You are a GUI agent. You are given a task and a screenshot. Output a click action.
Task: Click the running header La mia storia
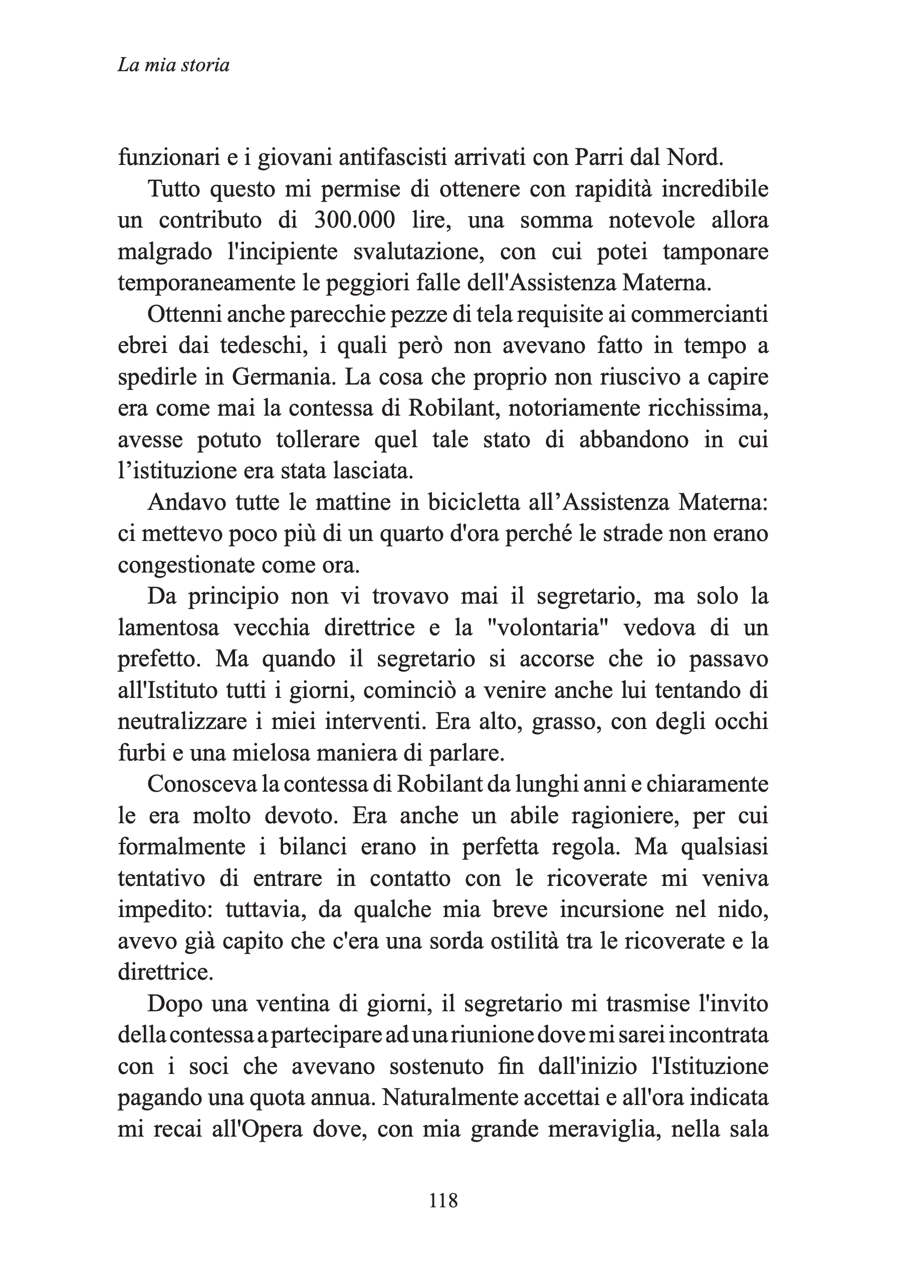pos(173,66)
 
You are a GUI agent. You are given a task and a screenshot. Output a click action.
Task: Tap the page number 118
pos(443,1201)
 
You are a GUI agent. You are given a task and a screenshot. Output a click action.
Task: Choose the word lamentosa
pos(168,628)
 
